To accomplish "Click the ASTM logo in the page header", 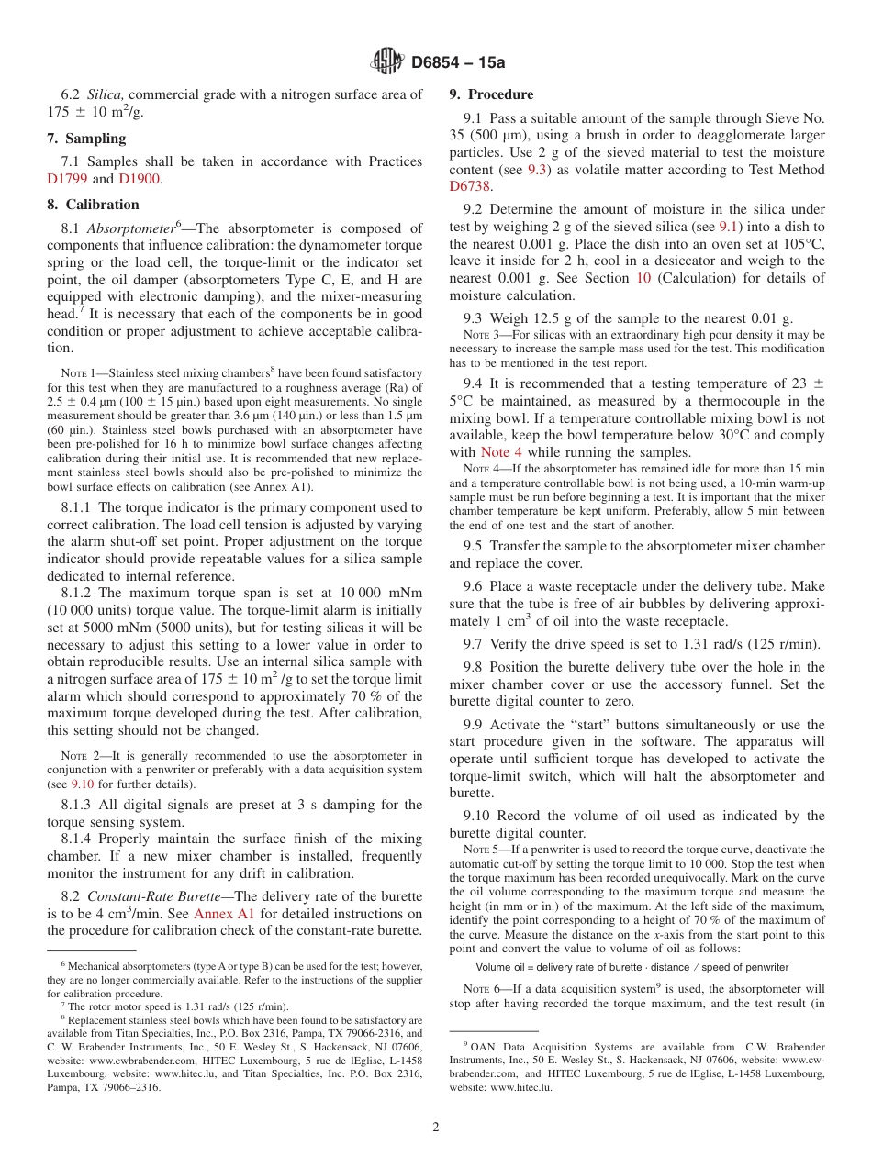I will tap(386, 61).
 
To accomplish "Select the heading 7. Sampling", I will tap(86, 139).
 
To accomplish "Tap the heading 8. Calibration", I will tap(93, 205).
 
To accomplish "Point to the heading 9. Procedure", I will tap(491, 94).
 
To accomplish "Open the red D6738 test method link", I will tap(470, 187).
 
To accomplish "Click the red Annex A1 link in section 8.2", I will tap(224, 914).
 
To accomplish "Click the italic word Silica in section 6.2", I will tap(105, 94).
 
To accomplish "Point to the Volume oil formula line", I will tap(632, 967).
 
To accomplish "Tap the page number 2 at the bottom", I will tap(436, 1128).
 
